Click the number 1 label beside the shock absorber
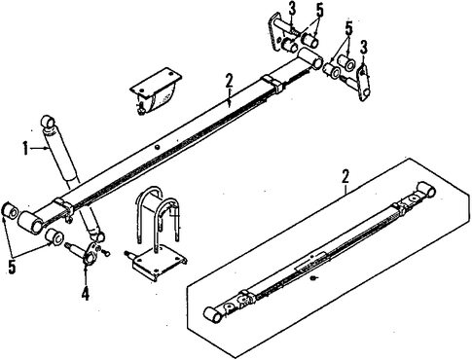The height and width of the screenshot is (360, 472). [25, 149]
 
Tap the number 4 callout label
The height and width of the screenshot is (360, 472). [85, 294]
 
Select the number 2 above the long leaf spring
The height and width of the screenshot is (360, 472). [230, 81]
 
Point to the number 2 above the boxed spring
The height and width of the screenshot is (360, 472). [345, 177]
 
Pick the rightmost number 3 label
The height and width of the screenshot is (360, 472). [364, 48]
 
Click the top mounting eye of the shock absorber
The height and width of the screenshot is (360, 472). [49, 122]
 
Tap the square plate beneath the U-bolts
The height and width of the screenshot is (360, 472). [159, 264]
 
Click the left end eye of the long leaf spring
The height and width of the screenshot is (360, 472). [30, 222]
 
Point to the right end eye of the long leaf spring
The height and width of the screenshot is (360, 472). [309, 57]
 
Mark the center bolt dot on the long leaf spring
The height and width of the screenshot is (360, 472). [157, 147]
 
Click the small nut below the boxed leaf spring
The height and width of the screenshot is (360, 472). [313, 278]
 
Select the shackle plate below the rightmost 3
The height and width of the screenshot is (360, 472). [364, 83]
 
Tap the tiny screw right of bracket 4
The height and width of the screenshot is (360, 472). [106, 252]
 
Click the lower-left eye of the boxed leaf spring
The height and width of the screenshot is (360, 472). [213, 314]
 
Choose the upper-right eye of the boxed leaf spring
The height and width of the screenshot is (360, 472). [426, 191]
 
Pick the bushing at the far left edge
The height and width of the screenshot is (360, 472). [10, 211]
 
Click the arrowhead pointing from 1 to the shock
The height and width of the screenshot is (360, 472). [46, 148]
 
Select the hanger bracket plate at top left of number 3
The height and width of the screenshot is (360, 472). [275, 32]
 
